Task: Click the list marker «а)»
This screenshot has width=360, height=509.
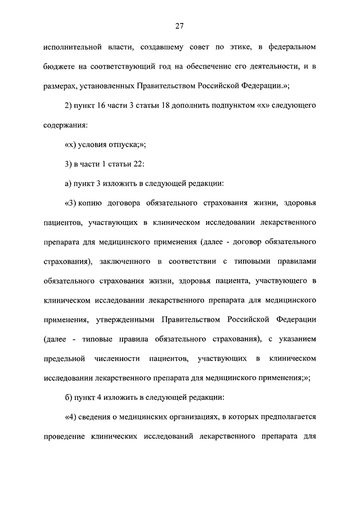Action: coord(69,183)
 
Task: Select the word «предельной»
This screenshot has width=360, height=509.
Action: coord(64,358)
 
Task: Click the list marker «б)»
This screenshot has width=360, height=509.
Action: coord(69,398)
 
